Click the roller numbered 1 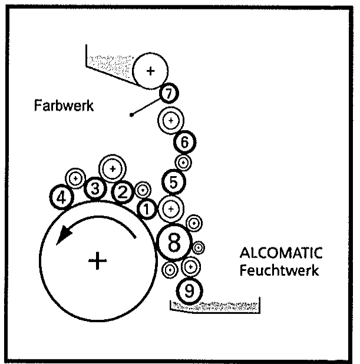(147, 207)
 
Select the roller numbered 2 (123, 191)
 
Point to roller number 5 (173, 182)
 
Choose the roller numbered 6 (184, 141)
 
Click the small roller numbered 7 (169, 93)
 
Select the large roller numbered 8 (175, 243)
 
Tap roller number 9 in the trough (189, 289)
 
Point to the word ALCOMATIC (281, 254)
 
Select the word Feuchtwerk (279, 271)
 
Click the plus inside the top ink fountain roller (150, 71)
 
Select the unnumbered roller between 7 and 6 (171, 120)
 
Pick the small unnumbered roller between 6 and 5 (183, 161)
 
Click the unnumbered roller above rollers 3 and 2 (112, 168)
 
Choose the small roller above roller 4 (76, 177)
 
